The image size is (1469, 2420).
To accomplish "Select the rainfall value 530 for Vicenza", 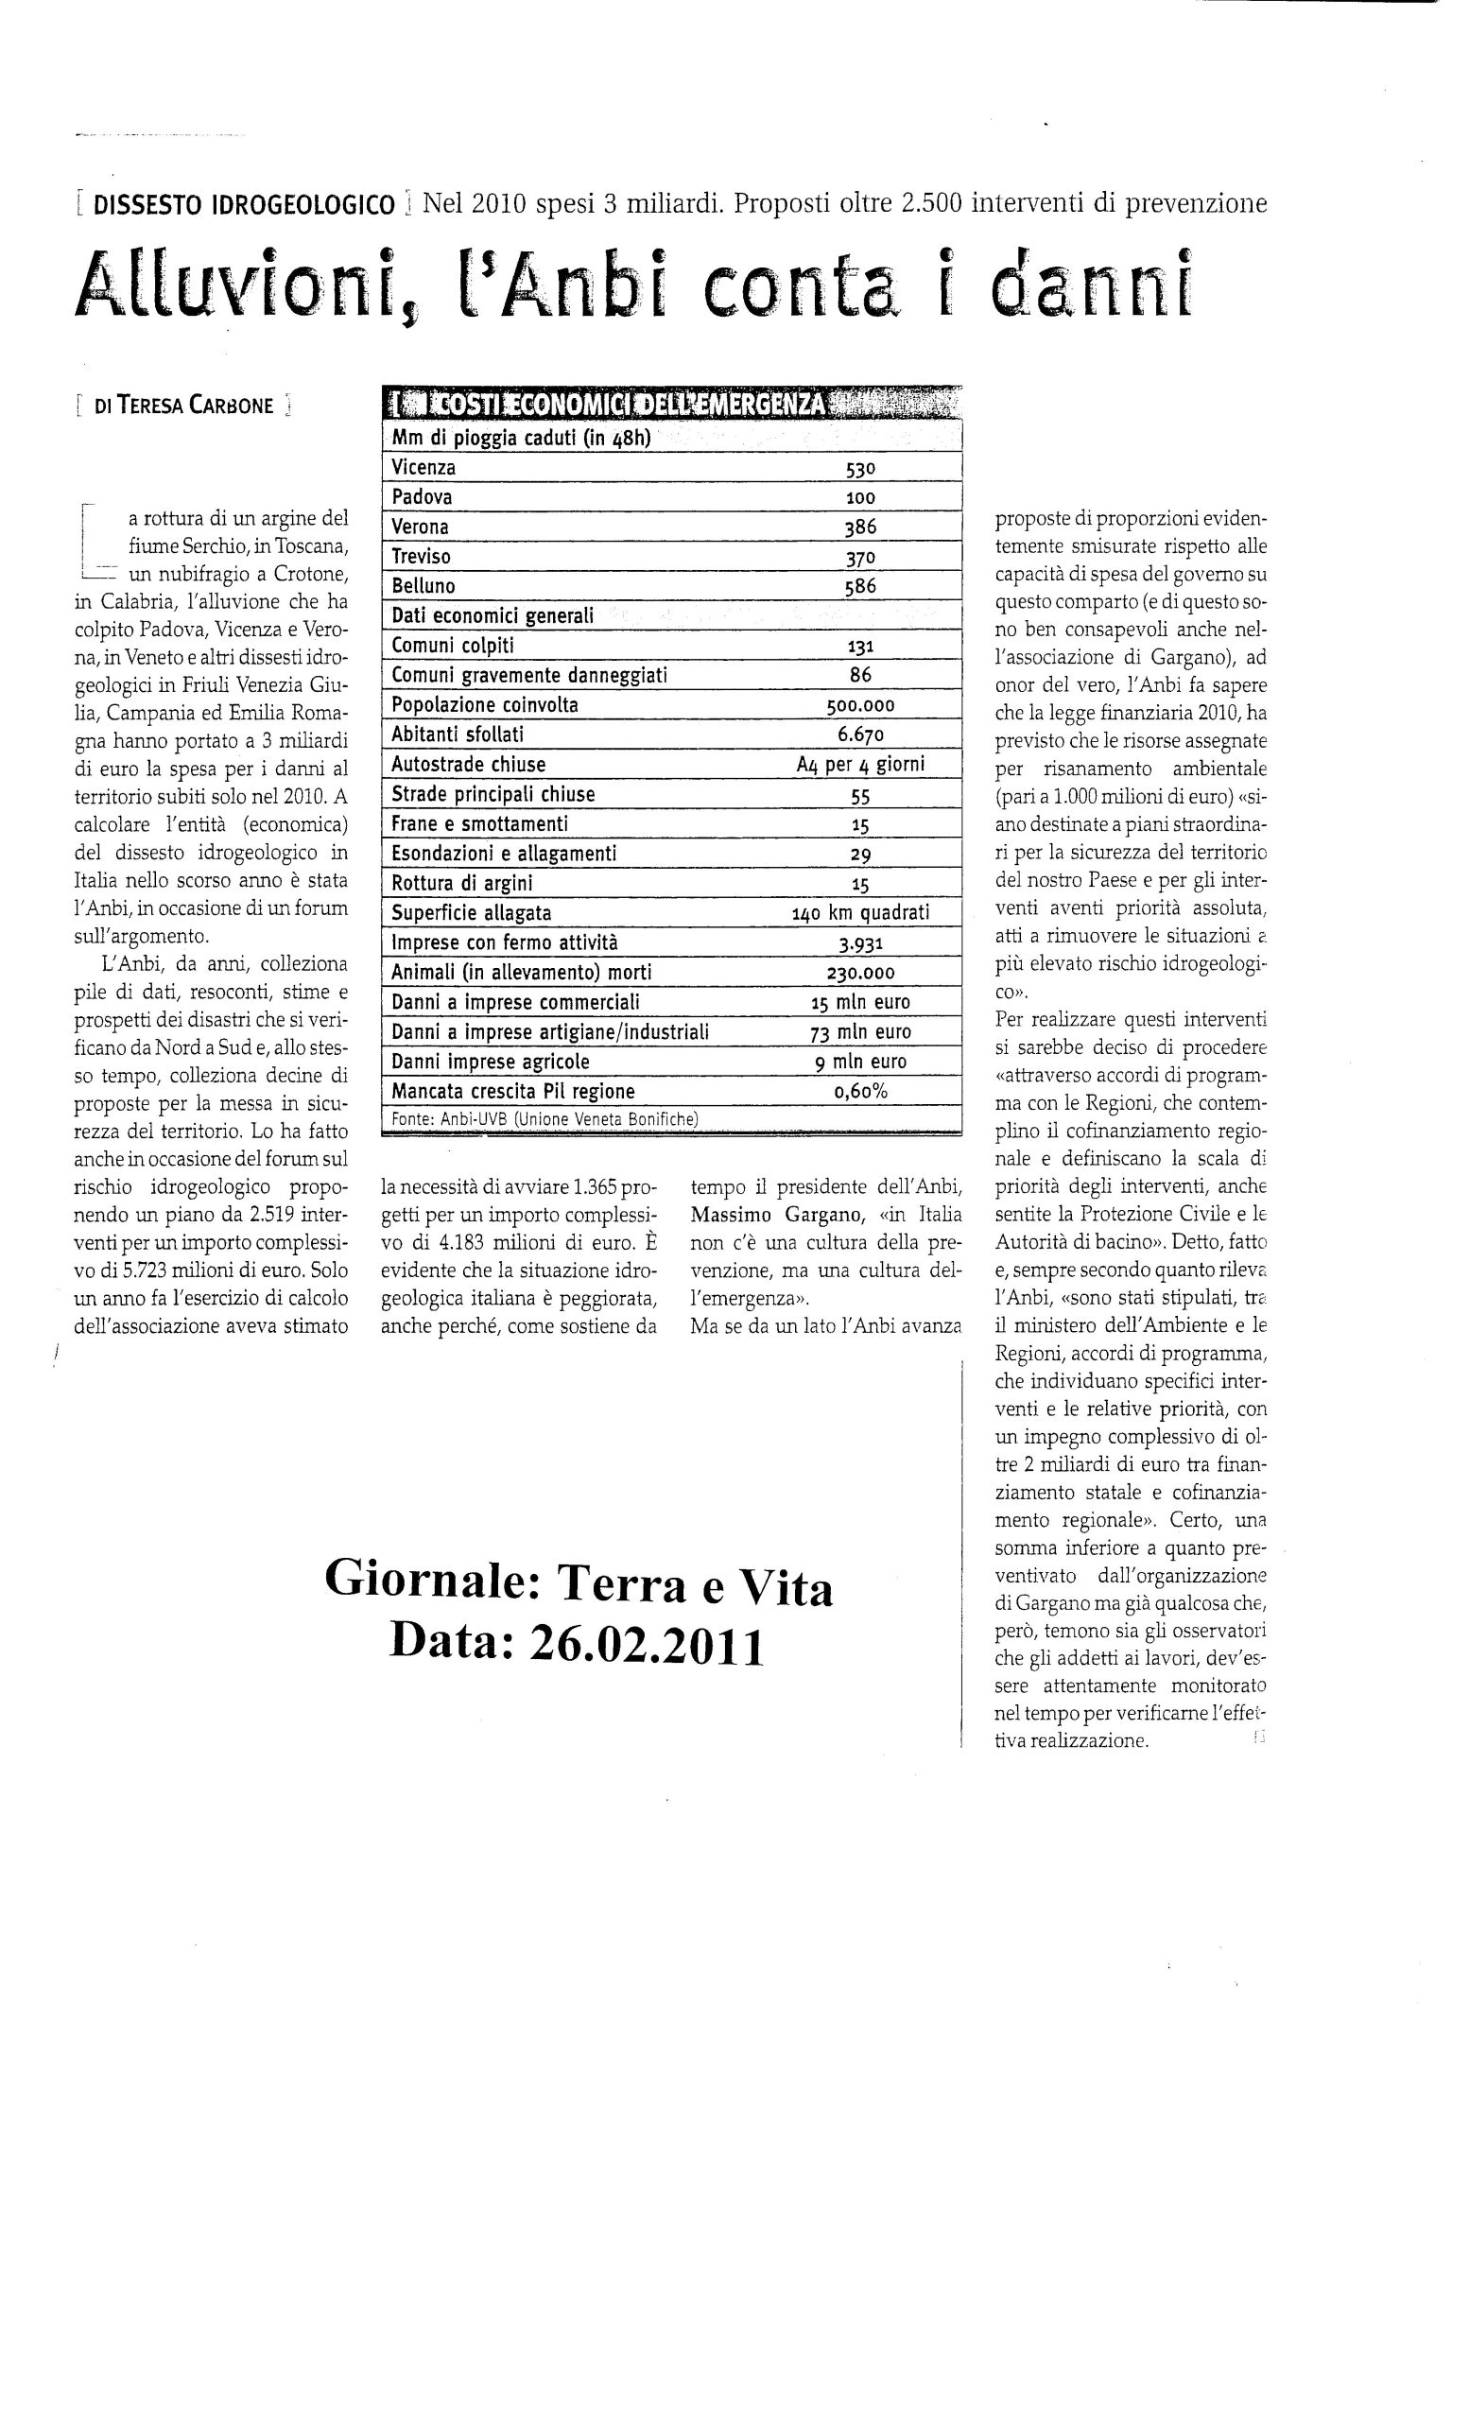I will tap(859, 469).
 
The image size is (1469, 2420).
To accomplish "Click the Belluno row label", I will tap(423, 586).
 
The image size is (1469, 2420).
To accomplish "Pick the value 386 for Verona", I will tap(859, 527).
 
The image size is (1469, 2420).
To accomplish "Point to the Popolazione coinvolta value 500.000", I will tap(860, 705).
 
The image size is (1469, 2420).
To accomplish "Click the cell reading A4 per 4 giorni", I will tap(860, 764).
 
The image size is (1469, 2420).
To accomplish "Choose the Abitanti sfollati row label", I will tap(457, 735).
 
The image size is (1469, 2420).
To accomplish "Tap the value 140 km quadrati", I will tap(860, 913).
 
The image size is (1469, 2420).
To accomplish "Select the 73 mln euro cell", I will tap(860, 1032).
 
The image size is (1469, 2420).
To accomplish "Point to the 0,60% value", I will tap(860, 1091).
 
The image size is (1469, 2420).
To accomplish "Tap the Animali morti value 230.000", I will tap(860, 973).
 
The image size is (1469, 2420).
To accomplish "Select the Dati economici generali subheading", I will tap(492, 615).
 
